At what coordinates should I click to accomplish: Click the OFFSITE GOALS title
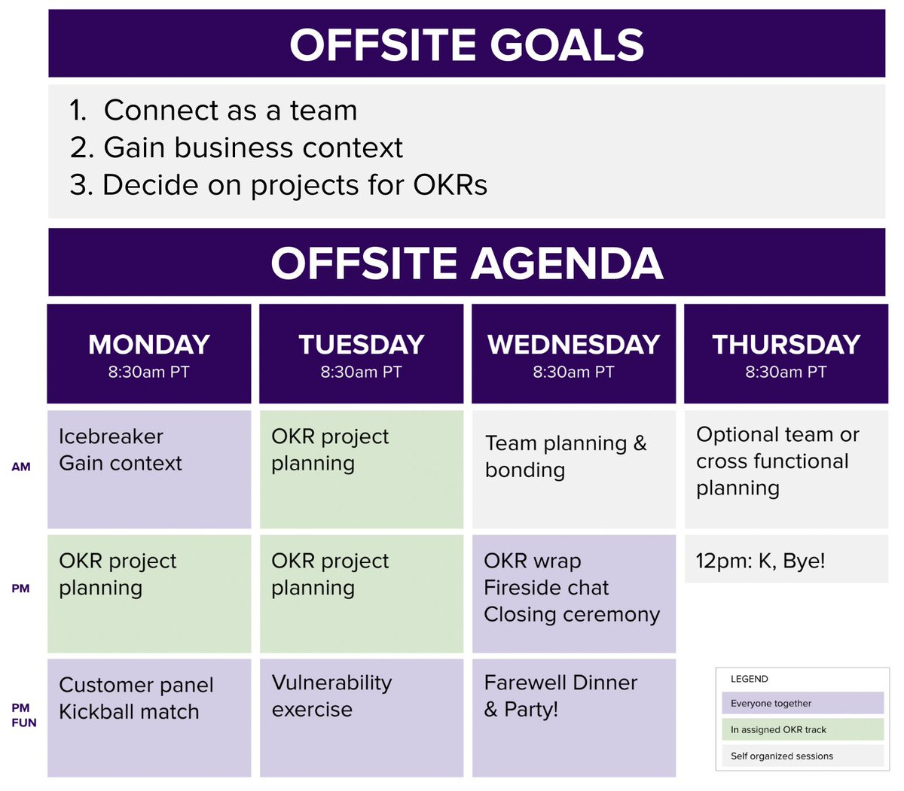[466, 44]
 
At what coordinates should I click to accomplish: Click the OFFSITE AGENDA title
[466, 263]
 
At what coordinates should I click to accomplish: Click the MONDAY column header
[149, 354]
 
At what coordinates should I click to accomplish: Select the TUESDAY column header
[362, 354]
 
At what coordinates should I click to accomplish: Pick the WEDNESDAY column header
[573, 354]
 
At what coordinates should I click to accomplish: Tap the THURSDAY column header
[786, 354]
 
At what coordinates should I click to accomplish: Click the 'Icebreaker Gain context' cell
[149, 468]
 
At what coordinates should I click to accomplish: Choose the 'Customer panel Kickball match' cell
[149, 716]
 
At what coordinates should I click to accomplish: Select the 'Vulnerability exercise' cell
[362, 716]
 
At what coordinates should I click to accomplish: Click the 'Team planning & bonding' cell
[573, 468]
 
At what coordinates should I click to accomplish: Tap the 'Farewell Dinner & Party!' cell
[573, 716]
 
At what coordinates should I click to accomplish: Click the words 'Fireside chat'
[546, 588]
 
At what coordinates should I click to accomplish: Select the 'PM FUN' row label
[23, 715]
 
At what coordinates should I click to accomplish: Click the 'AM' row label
[21, 467]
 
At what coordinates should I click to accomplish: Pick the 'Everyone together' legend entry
[799, 703]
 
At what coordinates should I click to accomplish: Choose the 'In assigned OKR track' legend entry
[799, 729]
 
